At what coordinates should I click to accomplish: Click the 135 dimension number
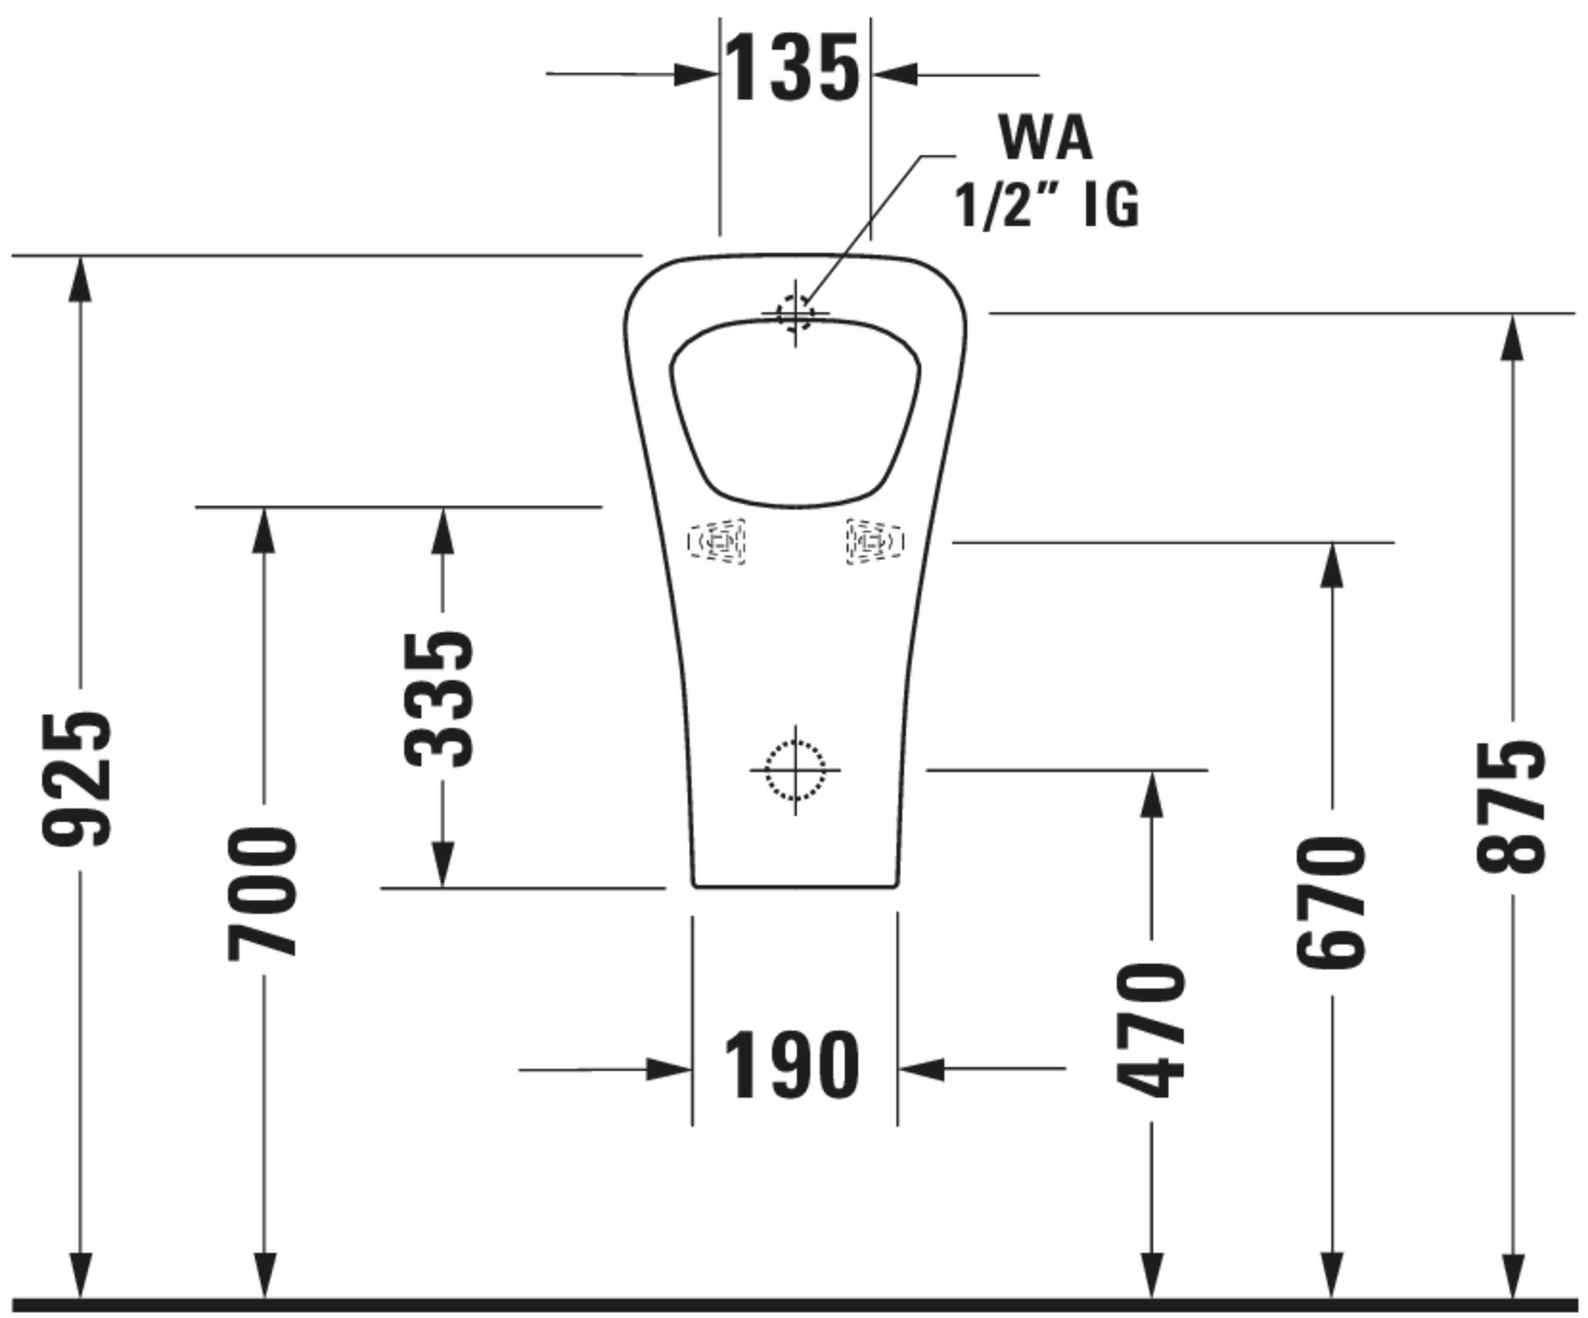(x=792, y=68)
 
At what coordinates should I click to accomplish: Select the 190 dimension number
(x=792, y=1066)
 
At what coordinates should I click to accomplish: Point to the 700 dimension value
(x=263, y=895)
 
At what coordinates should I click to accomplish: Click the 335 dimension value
(x=439, y=699)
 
